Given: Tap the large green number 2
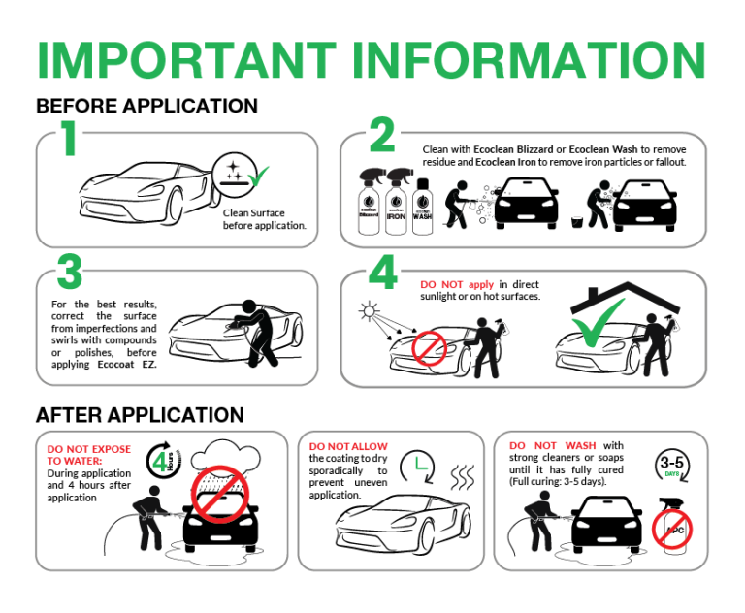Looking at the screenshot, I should click(x=381, y=137).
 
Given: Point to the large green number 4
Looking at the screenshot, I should click(x=383, y=272).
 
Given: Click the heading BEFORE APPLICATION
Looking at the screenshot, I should click(x=146, y=106).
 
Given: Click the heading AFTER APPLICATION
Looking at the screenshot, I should click(x=140, y=415).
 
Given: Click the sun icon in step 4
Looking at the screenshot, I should click(x=368, y=313).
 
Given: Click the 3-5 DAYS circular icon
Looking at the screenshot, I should click(x=671, y=467).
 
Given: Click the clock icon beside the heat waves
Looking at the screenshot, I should click(x=415, y=466).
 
